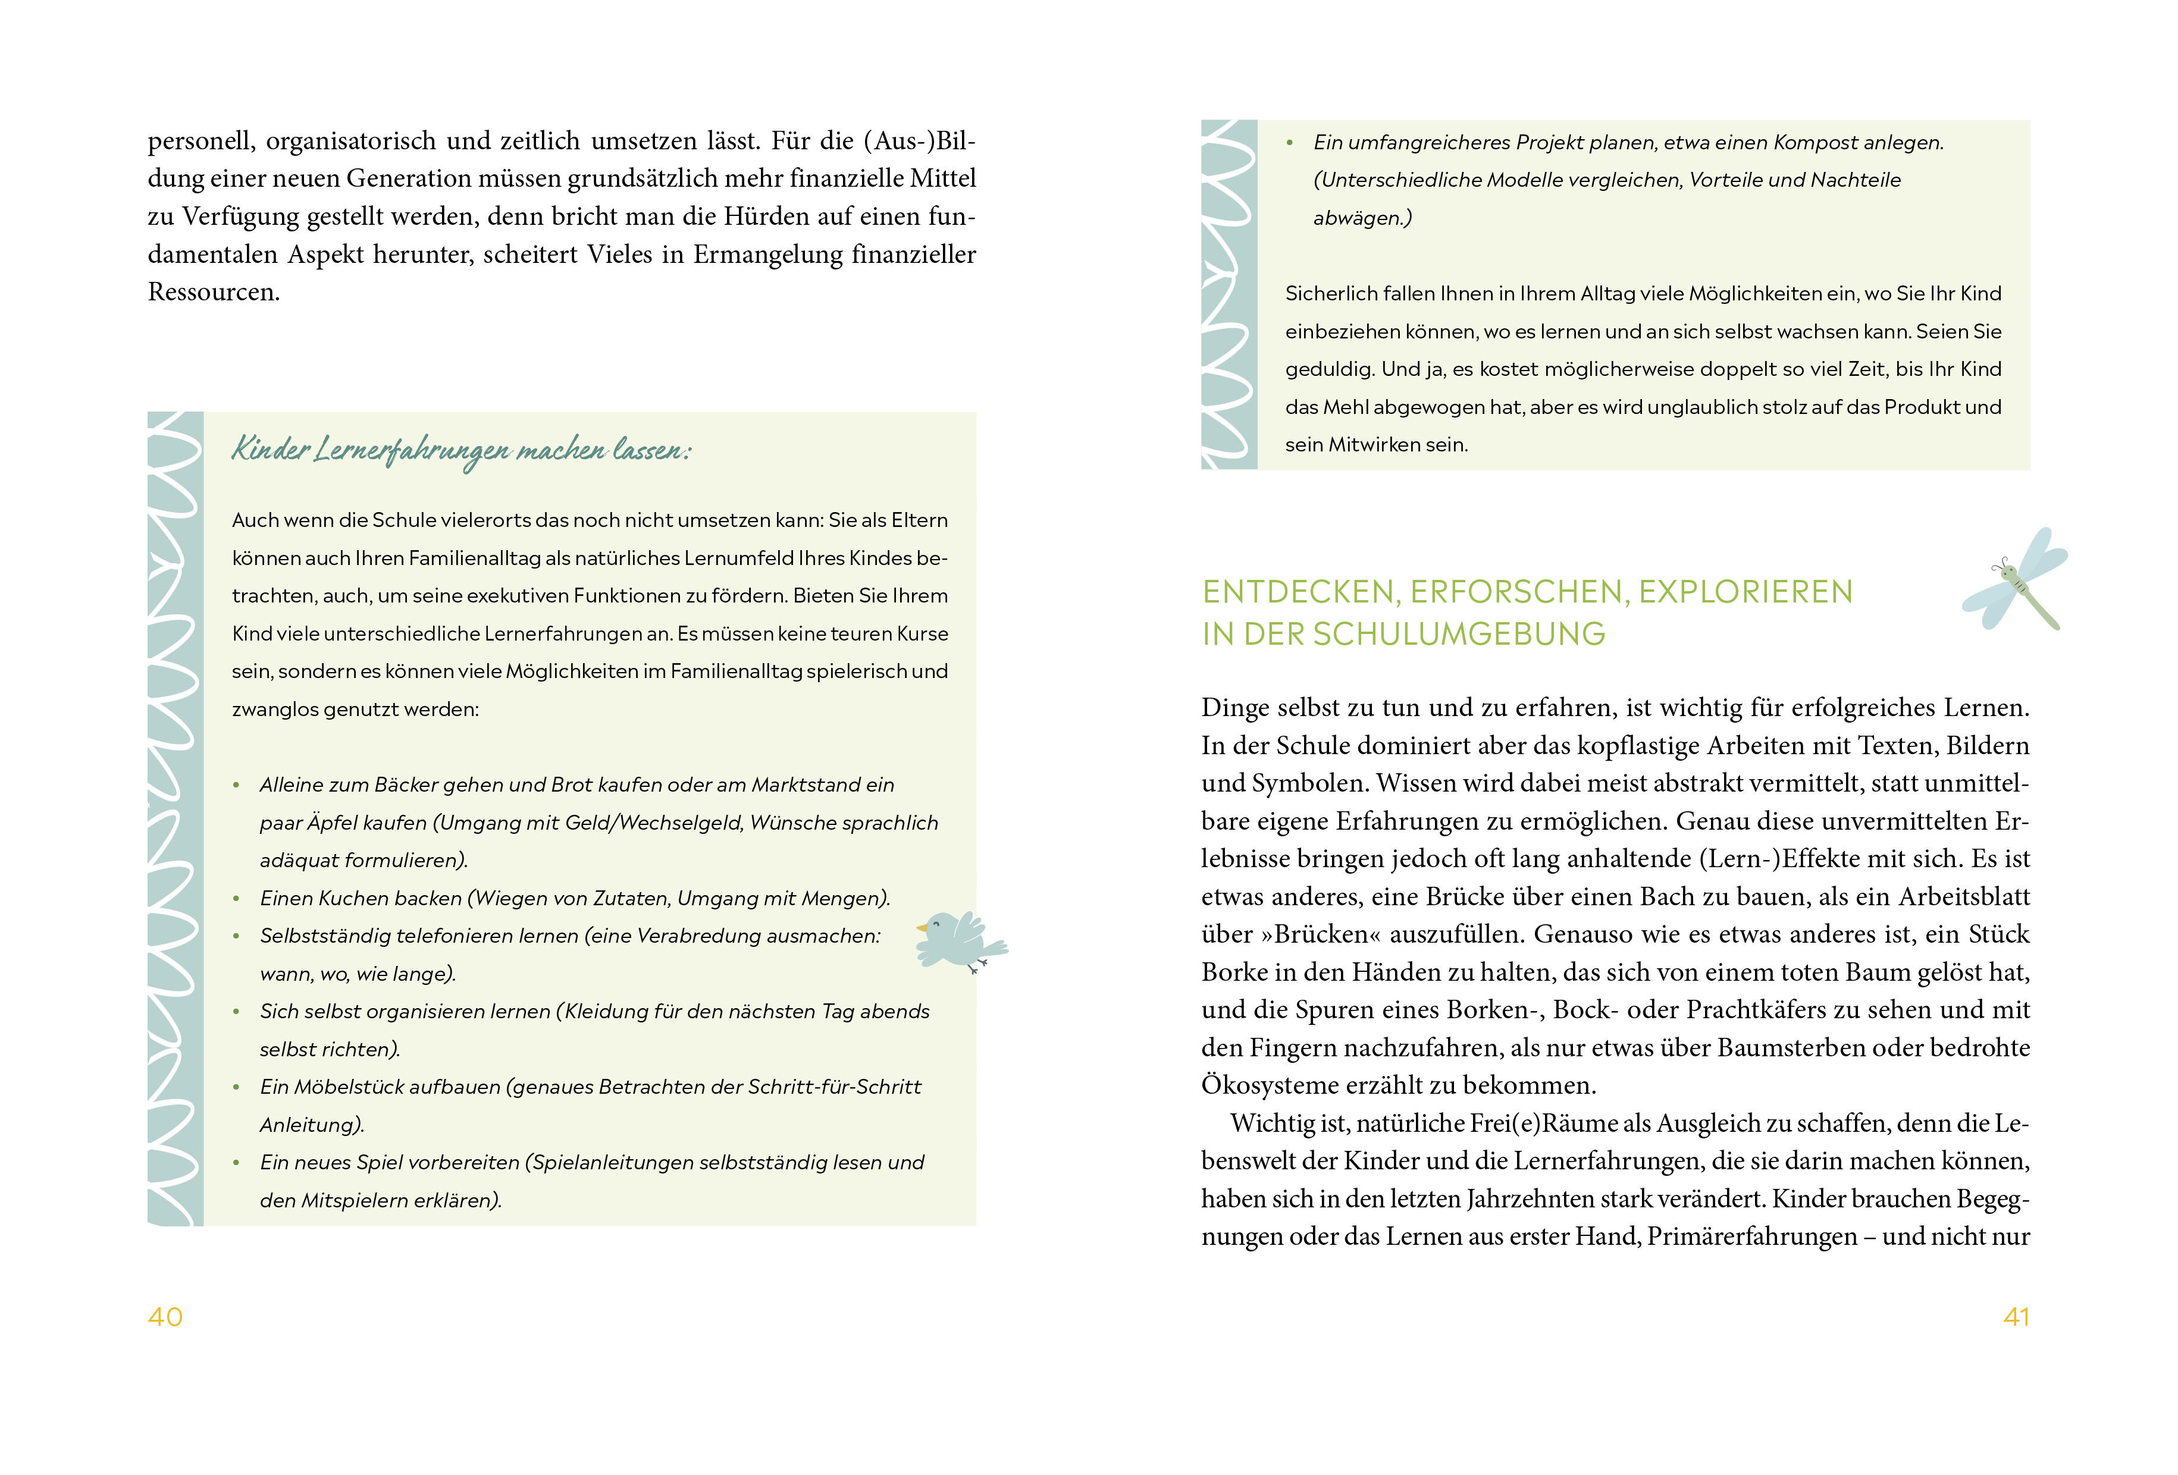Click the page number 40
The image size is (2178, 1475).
(x=165, y=1317)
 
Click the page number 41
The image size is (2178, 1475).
(x=2016, y=1317)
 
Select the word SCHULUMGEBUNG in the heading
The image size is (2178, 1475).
(x=1459, y=635)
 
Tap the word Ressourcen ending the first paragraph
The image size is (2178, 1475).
(x=214, y=293)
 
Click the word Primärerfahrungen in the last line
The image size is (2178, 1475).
(x=1751, y=1237)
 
